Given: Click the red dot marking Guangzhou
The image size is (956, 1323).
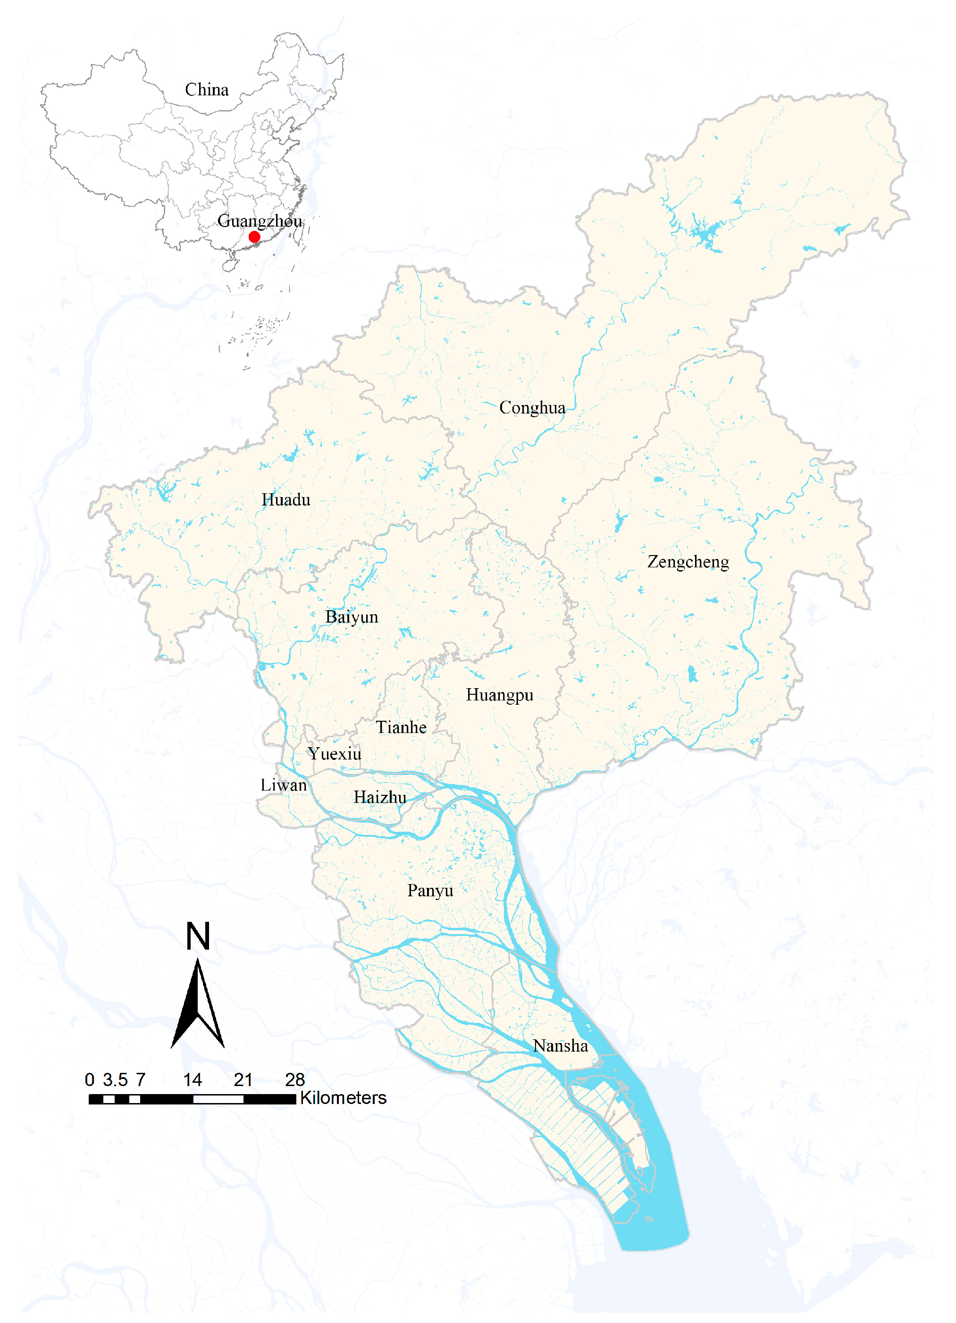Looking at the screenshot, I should click(x=254, y=237).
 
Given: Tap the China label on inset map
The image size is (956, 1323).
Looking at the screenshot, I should click(x=207, y=90).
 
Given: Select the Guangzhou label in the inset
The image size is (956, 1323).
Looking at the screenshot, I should click(x=260, y=220).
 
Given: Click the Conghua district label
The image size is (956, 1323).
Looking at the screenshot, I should click(x=532, y=408).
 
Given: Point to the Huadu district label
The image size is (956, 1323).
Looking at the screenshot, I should click(x=286, y=500).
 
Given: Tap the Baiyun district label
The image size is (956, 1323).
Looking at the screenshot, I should click(x=352, y=617).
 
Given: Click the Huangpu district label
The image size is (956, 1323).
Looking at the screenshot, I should click(x=499, y=695).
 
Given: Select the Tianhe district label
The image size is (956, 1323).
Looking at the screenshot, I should click(x=401, y=727).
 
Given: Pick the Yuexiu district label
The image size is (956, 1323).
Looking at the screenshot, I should click(x=335, y=754).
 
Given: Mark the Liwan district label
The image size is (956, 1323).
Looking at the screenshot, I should click(x=284, y=785).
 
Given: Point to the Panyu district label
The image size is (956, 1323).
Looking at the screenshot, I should click(x=430, y=891).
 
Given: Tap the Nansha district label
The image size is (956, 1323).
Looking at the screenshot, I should click(x=560, y=1046).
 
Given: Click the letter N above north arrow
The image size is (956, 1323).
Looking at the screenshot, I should click(x=198, y=936).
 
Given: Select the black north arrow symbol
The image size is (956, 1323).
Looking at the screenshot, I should click(x=198, y=1003).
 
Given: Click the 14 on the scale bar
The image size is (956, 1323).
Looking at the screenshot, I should click(x=193, y=1080).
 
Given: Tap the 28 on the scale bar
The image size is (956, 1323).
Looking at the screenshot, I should click(x=295, y=1080).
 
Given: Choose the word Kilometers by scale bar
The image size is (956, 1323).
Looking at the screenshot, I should click(x=343, y=1098).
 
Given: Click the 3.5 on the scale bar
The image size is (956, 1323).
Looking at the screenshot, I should click(x=115, y=1080).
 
